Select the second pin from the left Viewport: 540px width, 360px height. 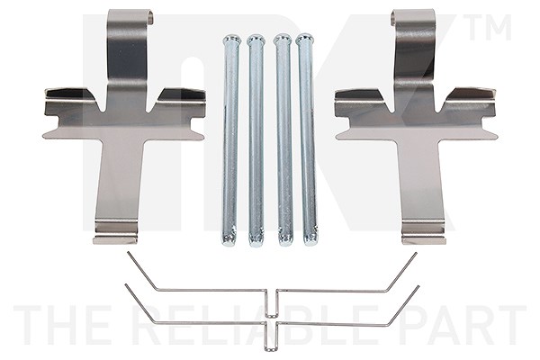coord(256,140)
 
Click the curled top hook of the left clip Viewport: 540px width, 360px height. coord(130,16)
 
